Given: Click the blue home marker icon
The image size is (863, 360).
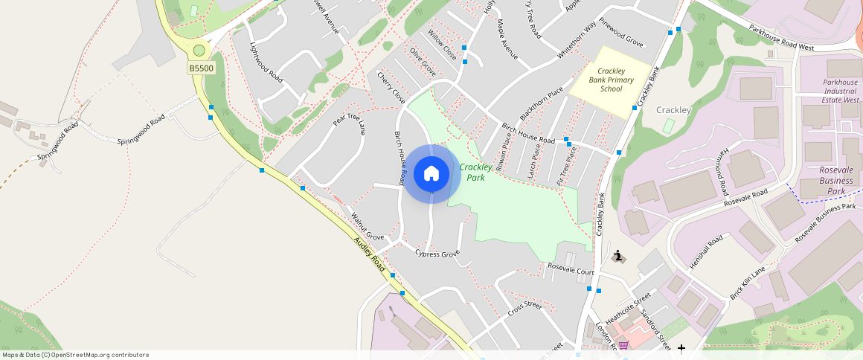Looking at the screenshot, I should (x=431, y=174).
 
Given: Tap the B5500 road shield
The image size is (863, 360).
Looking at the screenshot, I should (x=201, y=68).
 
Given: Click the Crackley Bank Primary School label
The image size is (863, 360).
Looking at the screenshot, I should (x=611, y=80).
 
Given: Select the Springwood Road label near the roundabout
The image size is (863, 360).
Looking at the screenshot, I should (x=141, y=131).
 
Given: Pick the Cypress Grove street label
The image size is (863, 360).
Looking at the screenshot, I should (x=437, y=254).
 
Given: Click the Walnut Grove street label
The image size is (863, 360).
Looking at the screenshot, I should (x=367, y=226).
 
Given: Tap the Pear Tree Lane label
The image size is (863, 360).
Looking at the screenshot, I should (x=349, y=119).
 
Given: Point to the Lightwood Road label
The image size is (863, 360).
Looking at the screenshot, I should (x=266, y=62).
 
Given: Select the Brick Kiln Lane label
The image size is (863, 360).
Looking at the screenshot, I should (x=748, y=283).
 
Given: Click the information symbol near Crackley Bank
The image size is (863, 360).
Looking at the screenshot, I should (x=617, y=257).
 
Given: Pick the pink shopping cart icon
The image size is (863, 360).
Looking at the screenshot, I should (x=623, y=345).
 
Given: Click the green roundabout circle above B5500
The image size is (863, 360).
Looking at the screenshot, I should (x=199, y=51).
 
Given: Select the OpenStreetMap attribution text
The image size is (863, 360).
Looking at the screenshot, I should (x=74, y=355).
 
